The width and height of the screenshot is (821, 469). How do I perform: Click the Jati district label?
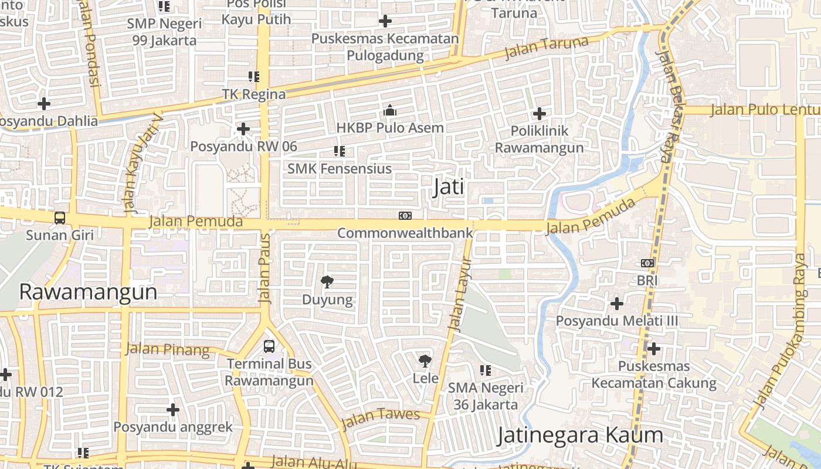(x=449, y=187)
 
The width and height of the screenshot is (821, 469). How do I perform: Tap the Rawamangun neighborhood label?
(x=89, y=291)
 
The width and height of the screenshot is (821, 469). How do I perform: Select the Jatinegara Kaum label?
(x=581, y=435)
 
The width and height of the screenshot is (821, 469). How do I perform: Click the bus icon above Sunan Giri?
(x=60, y=218)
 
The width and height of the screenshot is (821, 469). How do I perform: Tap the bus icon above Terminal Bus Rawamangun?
(x=269, y=346)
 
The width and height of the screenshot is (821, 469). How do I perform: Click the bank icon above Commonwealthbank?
(x=405, y=216)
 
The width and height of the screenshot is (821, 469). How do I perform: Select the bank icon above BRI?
(x=647, y=263)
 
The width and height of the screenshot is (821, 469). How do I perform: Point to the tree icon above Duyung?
(x=327, y=282)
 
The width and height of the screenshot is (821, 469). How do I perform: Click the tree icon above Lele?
(x=425, y=361)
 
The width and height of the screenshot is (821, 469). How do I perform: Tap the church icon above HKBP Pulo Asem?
(x=390, y=110)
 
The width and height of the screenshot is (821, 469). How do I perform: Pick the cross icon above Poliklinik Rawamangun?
(x=540, y=113)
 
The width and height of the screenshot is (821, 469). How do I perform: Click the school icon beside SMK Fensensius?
(x=339, y=151)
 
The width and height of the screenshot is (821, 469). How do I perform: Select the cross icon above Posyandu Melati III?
(x=616, y=304)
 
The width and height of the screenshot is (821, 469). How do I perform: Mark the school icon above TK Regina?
(x=254, y=76)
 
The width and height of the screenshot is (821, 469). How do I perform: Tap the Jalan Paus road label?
(x=266, y=269)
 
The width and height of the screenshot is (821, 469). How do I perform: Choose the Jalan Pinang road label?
(x=167, y=349)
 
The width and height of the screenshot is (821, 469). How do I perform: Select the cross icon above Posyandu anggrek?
(x=173, y=409)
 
